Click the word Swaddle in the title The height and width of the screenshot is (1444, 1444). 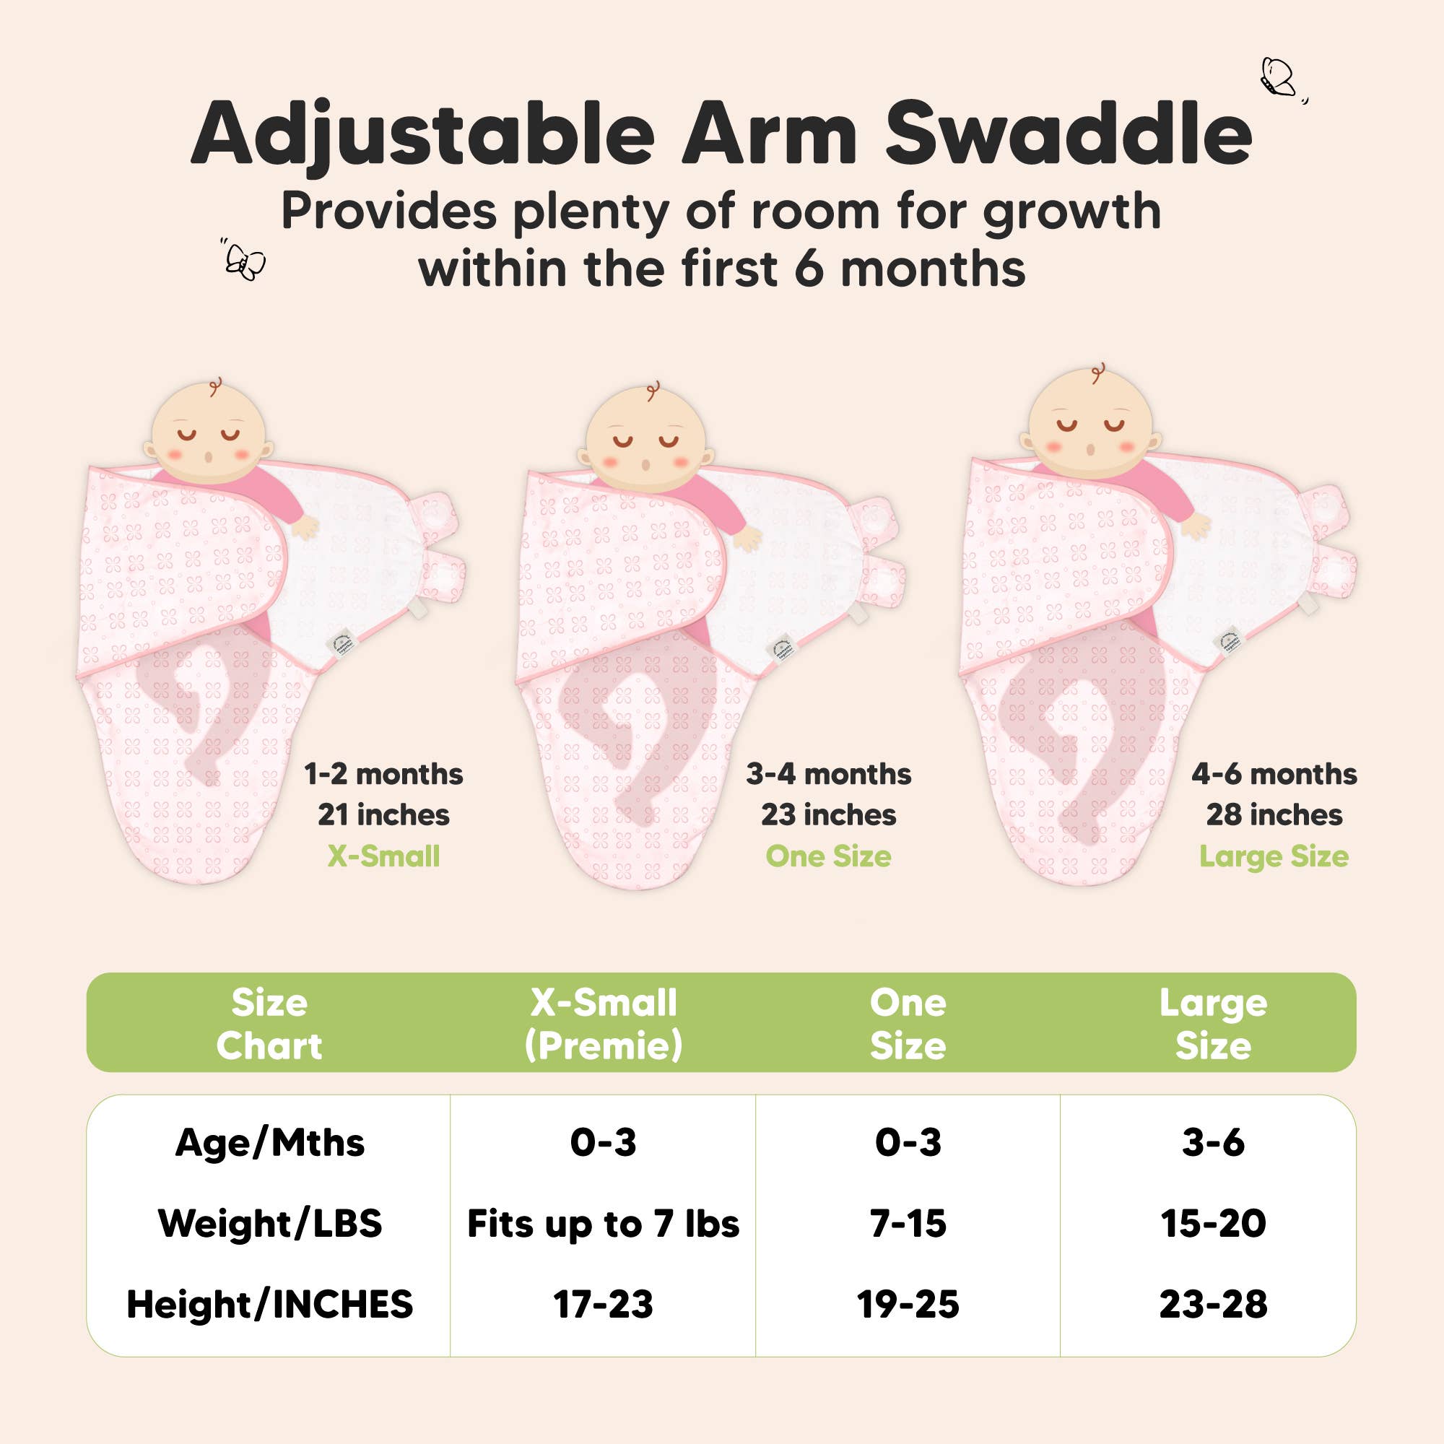(1068, 134)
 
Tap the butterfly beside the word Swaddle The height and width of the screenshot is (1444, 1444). (1279, 78)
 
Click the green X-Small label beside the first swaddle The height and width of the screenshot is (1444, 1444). (383, 856)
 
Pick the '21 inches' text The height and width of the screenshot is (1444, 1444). (383, 814)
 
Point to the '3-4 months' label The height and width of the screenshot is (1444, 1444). (828, 773)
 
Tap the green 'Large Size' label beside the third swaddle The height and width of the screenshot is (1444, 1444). (1274, 856)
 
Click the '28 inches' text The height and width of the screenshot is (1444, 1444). (1274, 814)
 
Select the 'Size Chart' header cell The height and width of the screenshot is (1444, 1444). (269, 1023)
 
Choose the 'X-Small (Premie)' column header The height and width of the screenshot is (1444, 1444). (603, 1023)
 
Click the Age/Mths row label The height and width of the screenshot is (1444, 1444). (270, 1143)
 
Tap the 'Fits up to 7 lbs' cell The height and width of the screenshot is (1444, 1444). (603, 1224)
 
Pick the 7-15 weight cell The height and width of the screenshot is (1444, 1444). (908, 1224)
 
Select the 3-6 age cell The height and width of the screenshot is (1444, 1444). (1212, 1143)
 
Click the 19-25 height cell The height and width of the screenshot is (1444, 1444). (908, 1304)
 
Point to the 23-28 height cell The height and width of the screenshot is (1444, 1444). (1212, 1304)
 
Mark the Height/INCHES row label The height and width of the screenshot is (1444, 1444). (270, 1304)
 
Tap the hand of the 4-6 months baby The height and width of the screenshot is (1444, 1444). (1195, 525)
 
